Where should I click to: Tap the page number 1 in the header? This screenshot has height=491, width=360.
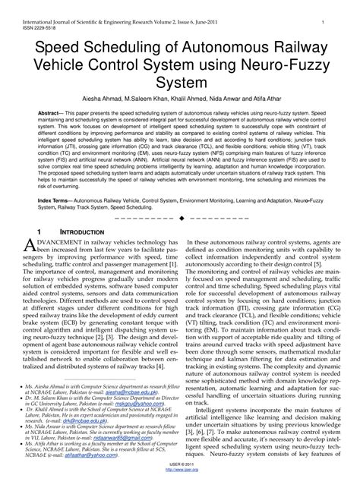(324, 5)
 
